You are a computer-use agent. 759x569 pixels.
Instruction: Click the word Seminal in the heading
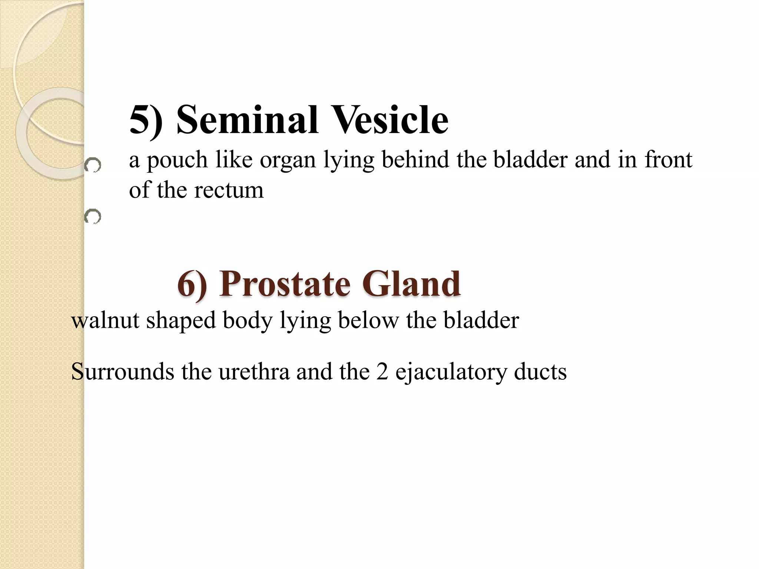pyautogui.click(x=247, y=120)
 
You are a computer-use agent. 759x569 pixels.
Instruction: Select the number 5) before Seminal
pyautogui.click(x=146, y=120)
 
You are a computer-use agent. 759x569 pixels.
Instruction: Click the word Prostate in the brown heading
pyautogui.click(x=285, y=284)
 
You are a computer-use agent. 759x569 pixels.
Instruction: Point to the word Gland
pyautogui.click(x=411, y=284)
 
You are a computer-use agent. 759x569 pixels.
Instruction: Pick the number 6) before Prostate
pyautogui.click(x=192, y=284)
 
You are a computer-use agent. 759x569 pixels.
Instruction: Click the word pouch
pyautogui.click(x=177, y=160)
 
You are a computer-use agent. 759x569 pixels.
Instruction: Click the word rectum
pyautogui.click(x=229, y=190)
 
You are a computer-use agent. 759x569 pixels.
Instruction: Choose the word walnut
pyautogui.click(x=105, y=320)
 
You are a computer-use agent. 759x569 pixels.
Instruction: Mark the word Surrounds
pyautogui.click(x=122, y=372)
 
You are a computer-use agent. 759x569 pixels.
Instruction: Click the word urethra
pyautogui.click(x=254, y=372)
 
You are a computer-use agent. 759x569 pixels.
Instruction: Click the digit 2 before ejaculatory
pyautogui.click(x=382, y=372)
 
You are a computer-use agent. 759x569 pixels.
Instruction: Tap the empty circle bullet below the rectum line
pyautogui.click(x=93, y=216)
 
